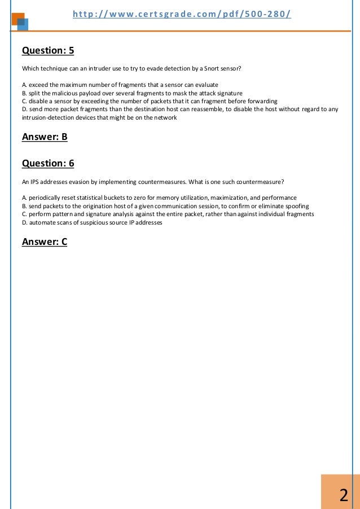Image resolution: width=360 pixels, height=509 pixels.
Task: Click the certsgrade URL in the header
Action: pos(182,13)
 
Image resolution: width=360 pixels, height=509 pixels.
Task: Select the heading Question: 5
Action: pos(48,51)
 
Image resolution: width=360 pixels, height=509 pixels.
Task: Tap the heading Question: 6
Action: pos(48,164)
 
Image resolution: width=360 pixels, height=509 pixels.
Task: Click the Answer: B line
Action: pos(45,137)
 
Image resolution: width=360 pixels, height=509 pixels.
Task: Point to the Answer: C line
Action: pos(45,242)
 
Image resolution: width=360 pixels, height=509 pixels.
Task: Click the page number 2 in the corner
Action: pos(343,496)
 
